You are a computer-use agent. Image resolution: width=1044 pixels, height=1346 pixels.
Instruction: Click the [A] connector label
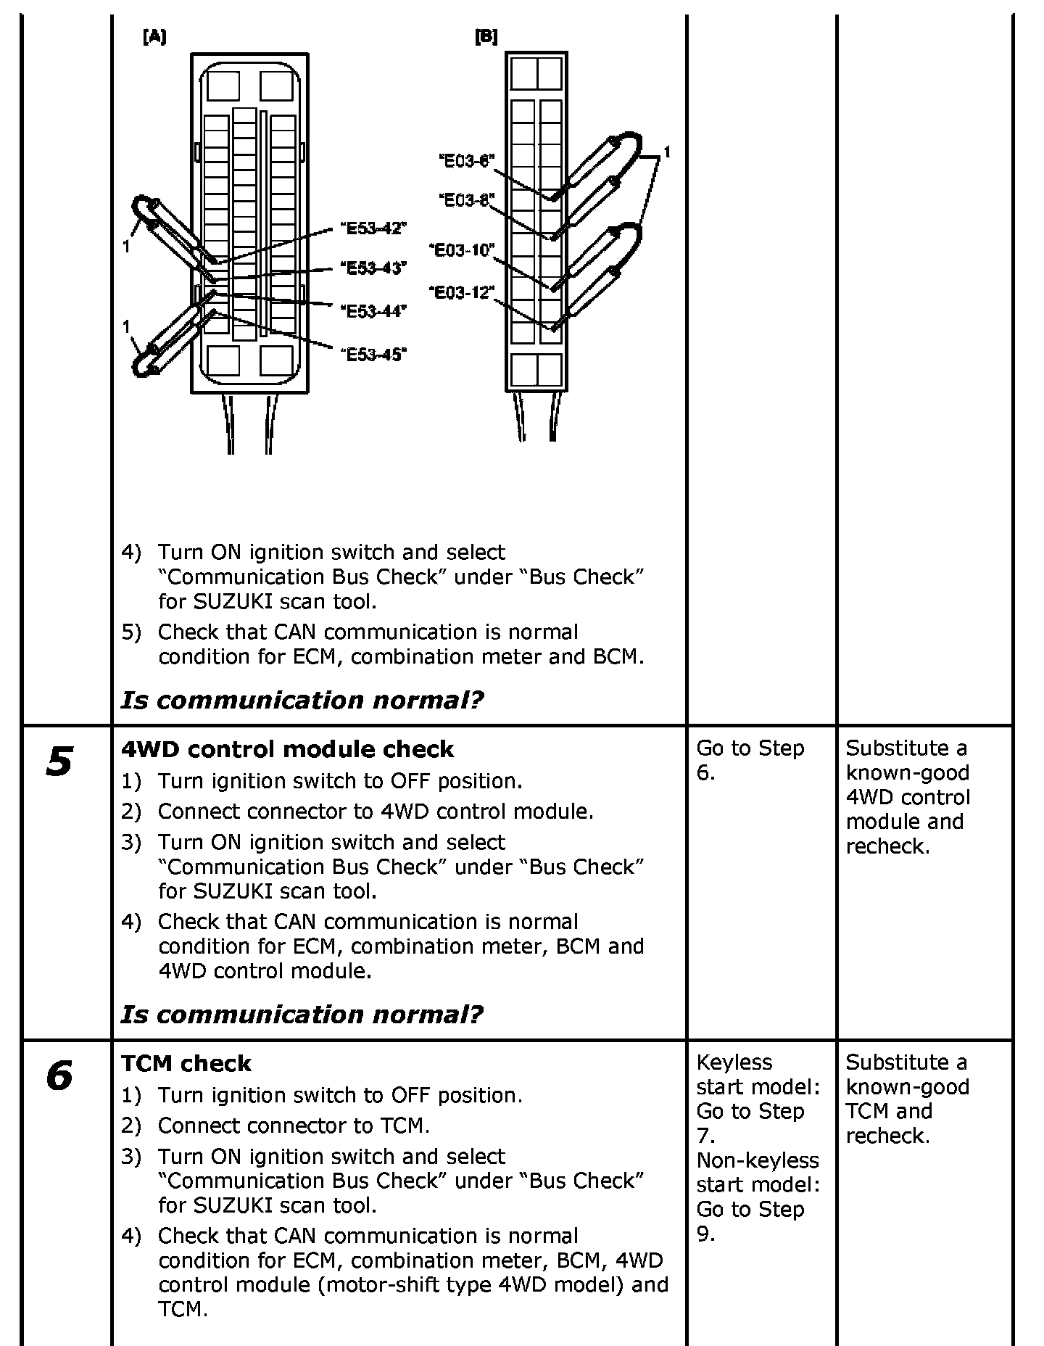tap(154, 38)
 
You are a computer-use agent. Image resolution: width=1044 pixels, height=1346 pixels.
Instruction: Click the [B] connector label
tap(486, 37)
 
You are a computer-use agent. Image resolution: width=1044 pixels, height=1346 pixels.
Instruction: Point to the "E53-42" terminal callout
tap(373, 228)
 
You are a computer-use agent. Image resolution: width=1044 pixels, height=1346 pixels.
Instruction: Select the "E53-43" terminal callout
tap(373, 268)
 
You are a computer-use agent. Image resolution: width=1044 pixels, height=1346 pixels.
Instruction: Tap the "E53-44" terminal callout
tap(373, 311)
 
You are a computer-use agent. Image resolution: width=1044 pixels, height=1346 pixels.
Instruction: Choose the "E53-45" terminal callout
tap(373, 354)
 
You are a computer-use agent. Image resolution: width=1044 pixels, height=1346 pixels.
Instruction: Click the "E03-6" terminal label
tap(466, 161)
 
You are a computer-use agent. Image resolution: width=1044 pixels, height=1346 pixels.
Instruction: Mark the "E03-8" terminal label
tap(466, 199)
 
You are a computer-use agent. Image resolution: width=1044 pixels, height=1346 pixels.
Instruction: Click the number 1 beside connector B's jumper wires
tap(667, 152)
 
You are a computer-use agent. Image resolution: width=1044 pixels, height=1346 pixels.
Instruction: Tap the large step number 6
tap(59, 1075)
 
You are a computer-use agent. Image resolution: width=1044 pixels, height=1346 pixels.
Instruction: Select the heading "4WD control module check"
tap(287, 749)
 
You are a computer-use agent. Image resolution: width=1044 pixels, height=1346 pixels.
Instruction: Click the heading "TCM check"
tap(186, 1063)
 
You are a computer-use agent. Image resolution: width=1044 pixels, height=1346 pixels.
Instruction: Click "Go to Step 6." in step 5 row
tap(750, 760)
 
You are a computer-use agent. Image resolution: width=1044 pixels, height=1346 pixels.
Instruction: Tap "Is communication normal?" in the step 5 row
tap(302, 1014)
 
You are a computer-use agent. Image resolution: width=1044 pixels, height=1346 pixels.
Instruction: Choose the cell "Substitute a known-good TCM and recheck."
tap(907, 1099)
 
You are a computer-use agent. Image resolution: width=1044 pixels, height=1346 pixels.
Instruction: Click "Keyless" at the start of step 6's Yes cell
tap(734, 1062)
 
